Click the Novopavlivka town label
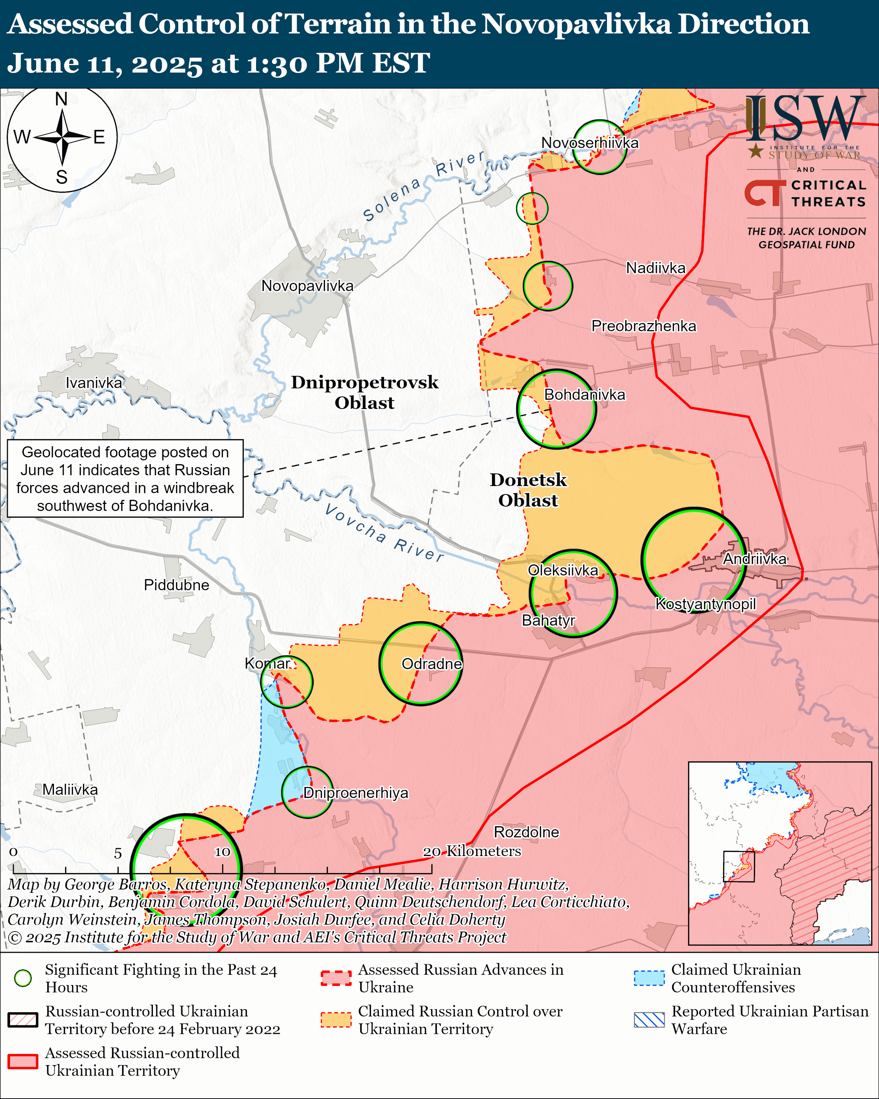coord(307,286)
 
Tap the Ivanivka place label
coord(94,383)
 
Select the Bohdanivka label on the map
coord(585,394)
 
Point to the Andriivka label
coord(755,559)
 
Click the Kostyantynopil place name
coord(705,604)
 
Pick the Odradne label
coord(432,664)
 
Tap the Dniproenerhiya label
coord(356,793)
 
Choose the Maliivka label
coord(70,790)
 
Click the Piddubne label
coord(176,585)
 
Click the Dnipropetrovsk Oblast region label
coord(364,393)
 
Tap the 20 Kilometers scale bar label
coord(472,851)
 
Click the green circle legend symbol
coord(23,978)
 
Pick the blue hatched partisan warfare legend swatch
coord(649,1019)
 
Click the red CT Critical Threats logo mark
coord(765,193)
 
